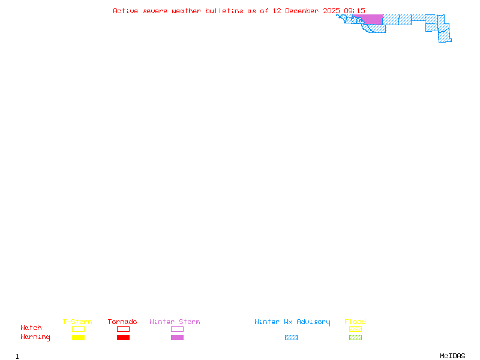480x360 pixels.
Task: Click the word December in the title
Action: click(304, 11)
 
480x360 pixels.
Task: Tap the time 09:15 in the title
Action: click(353, 11)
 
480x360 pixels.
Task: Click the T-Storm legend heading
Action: click(77, 322)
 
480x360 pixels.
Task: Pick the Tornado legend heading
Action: click(122, 322)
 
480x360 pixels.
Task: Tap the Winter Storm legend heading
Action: click(175, 322)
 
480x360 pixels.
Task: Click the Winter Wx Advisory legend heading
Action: click(292, 322)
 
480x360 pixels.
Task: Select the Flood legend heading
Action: click(355, 322)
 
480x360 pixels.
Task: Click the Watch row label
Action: click(31, 328)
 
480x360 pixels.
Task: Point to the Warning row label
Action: click(35, 337)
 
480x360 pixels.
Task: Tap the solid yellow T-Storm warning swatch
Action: click(78, 337)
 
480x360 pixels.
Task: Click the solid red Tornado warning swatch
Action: click(123, 337)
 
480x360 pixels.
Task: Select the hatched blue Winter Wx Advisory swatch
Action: click(291, 337)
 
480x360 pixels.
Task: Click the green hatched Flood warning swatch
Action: click(355, 337)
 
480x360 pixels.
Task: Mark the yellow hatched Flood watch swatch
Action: click(355, 329)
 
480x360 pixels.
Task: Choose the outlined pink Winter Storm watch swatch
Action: click(177, 329)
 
